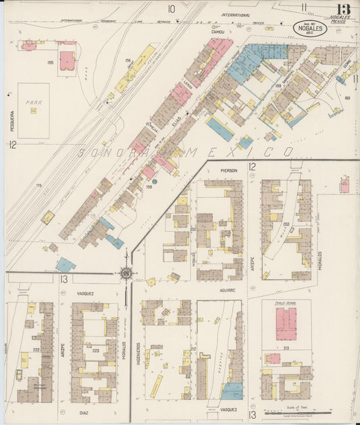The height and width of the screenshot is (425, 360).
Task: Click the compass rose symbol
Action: [x=126, y=274]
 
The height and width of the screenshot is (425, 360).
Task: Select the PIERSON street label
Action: [x=228, y=171]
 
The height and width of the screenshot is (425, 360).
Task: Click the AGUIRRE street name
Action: [x=227, y=290]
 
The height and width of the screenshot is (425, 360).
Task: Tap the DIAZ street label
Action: [x=84, y=411]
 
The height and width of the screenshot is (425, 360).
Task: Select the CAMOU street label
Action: [x=217, y=32]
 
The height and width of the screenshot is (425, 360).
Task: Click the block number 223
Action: [x=95, y=351]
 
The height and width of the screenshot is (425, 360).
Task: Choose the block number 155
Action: [x=50, y=62]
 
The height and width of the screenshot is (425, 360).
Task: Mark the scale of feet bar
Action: [x=308, y=411]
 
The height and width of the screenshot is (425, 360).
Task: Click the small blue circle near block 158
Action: [x=154, y=181]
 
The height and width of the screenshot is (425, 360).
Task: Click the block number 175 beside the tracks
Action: [x=39, y=184]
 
